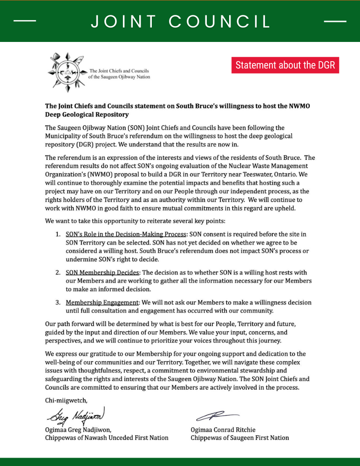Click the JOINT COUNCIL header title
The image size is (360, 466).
point(181,21)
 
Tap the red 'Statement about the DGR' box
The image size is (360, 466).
point(285,65)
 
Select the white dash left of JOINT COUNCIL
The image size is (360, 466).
point(25,21)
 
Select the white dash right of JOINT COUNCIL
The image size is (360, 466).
point(334,21)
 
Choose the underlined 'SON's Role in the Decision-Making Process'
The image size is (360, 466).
point(126,234)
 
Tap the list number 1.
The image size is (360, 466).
point(58,234)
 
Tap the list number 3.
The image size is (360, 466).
point(58,303)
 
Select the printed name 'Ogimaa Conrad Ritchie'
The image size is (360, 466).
point(223,430)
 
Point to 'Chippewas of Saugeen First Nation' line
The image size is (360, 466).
point(240,438)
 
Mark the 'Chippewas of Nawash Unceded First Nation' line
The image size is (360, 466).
point(107,438)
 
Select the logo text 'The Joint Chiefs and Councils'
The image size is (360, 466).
point(119,70)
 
